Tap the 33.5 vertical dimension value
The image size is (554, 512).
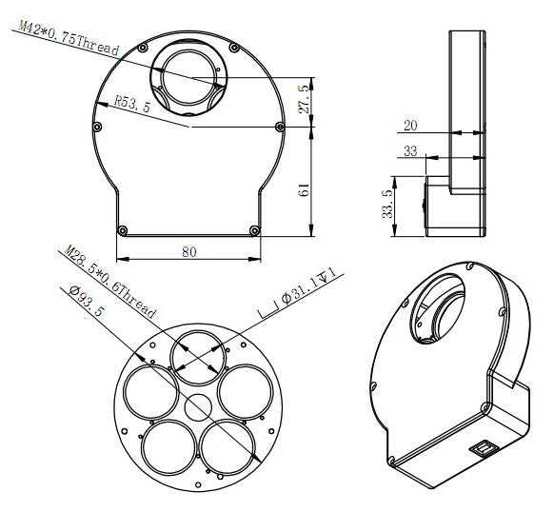point(385,205)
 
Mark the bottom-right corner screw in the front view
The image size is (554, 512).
point(253,228)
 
